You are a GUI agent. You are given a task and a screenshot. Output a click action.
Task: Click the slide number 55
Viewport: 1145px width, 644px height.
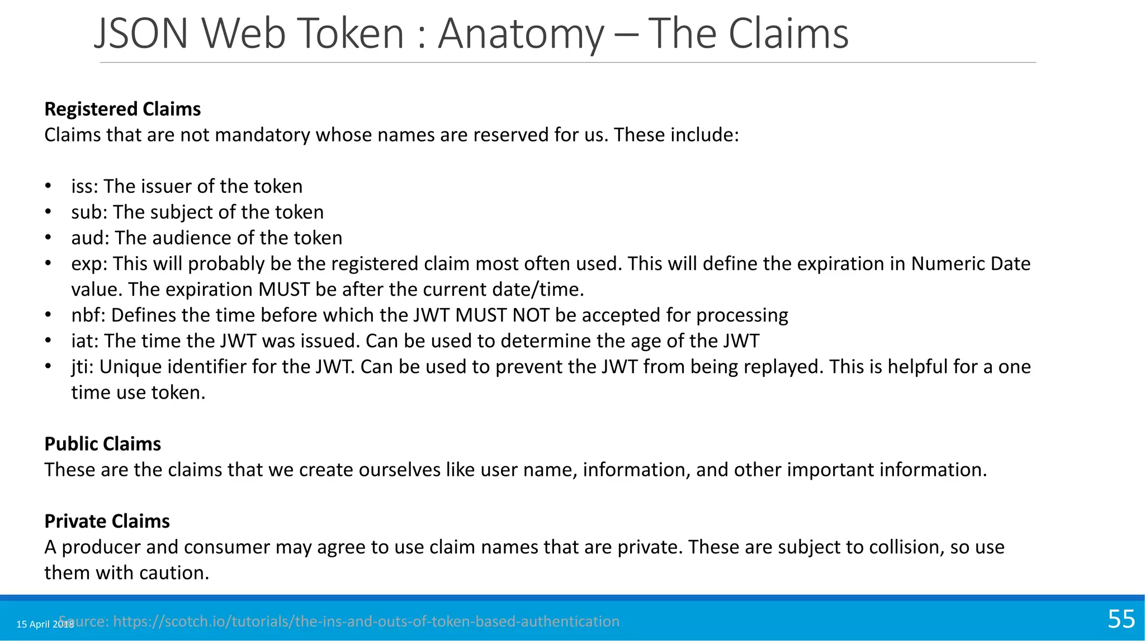click(1121, 619)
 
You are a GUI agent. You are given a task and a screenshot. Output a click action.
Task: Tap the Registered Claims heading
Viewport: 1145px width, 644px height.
click(122, 109)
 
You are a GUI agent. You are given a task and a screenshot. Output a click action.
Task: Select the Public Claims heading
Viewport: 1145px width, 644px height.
click(103, 444)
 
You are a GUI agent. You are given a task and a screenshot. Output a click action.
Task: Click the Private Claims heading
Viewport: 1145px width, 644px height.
click(107, 521)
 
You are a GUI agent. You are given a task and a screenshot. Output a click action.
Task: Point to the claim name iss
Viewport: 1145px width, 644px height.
click(82, 186)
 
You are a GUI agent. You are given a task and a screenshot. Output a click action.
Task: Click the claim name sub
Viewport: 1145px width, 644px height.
click(88, 212)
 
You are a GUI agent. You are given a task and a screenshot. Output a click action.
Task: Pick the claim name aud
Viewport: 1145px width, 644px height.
click(89, 238)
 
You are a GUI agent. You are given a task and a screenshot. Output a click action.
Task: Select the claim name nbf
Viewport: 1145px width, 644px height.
click(87, 315)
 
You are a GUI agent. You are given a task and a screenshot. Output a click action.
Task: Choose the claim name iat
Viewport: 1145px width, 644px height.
click(83, 341)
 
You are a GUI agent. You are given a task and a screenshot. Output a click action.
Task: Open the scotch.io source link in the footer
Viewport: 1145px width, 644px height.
click(366, 622)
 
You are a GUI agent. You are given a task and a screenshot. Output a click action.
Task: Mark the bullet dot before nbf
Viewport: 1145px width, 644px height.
click(49, 315)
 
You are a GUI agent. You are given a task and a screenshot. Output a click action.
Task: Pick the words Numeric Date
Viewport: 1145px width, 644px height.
click(971, 264)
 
